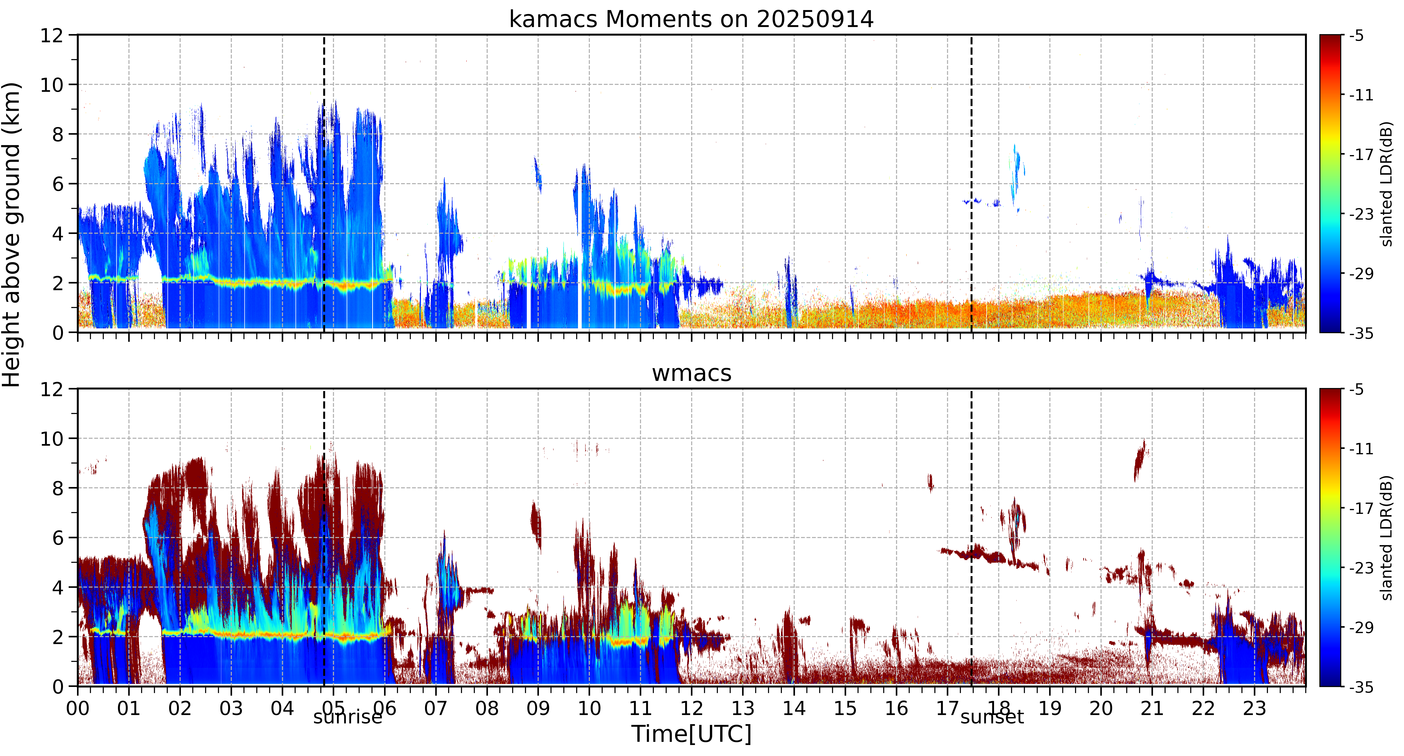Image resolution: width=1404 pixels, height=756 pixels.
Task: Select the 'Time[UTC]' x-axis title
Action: [x=691, y=734]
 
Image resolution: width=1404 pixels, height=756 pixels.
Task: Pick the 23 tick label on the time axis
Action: [x=1254, y=709]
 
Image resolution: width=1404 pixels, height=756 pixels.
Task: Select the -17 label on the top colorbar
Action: [x=1360, y=155]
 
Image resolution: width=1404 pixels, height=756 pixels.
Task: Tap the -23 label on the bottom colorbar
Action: [x=1360, y=568]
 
